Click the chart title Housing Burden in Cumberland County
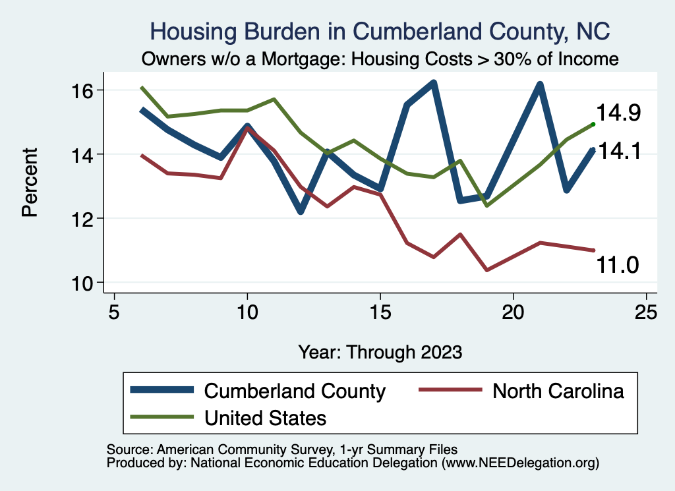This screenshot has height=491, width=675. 380,31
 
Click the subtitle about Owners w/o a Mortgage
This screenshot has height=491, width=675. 380,59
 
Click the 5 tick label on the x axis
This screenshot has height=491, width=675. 114,311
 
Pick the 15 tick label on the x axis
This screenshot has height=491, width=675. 380,311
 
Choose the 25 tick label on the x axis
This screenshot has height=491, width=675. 646,311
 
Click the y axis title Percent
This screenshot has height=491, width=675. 30,187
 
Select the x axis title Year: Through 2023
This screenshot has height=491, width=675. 380,351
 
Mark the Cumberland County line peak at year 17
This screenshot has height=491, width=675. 434,83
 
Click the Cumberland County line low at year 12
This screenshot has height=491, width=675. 301,211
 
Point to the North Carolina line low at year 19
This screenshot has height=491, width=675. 487,270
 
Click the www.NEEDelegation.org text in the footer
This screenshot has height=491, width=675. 520,463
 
